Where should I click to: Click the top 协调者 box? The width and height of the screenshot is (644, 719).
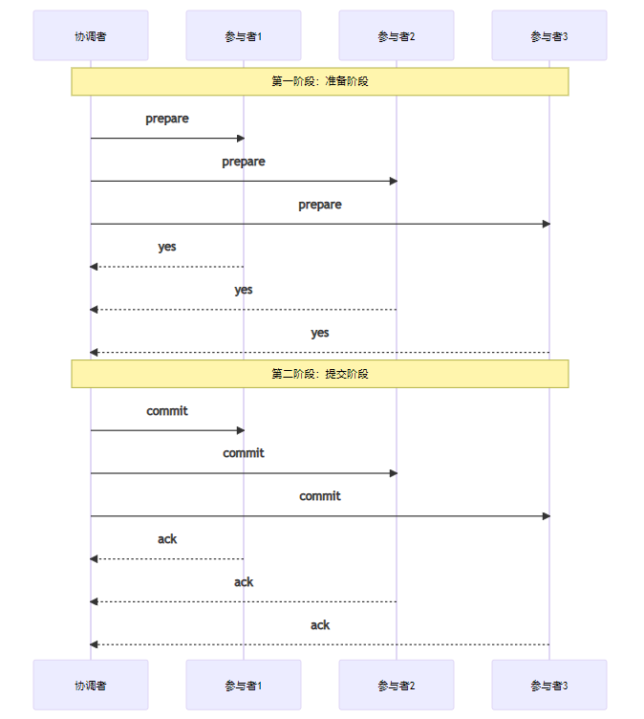click(91, 35)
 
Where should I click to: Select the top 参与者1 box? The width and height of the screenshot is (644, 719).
click(244, 35)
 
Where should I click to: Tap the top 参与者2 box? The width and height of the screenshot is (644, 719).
click(397, 35)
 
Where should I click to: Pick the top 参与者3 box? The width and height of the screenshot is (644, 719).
click(549, 35)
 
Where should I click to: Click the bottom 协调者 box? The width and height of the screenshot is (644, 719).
click(91, 685)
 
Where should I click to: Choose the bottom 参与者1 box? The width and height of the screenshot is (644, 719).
click(244, 685)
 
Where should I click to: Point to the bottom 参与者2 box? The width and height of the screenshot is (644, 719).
click(397, 685)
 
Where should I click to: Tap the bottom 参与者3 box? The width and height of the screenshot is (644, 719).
click(549, 685)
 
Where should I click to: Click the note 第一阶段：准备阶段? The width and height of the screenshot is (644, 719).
click(320, 81)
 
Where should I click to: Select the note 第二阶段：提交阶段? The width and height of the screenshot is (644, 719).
click(320, 374)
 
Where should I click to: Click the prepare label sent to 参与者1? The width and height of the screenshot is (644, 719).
click(167, 119)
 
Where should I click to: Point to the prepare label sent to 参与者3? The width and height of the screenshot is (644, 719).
click(320, 205)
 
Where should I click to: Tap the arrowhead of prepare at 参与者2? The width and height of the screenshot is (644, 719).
click(393, 181)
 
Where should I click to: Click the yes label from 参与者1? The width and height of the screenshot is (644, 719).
click(167, 247)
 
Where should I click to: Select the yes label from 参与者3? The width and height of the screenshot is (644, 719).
click(320, 333)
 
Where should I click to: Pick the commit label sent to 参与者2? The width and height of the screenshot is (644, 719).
click(244, 453)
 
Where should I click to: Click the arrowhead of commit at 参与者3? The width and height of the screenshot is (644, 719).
click(546, 516)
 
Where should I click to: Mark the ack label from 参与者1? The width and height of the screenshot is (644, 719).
click(167, 539)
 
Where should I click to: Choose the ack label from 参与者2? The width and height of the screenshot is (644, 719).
click(244, 582)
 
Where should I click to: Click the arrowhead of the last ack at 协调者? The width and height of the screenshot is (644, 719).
click(95, 644)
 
